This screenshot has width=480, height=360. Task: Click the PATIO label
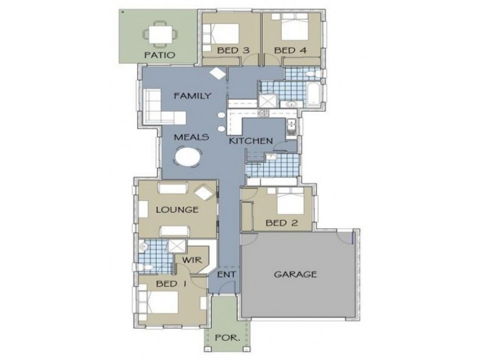tap(159, 55)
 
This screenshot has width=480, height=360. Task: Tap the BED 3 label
tap(233, 50)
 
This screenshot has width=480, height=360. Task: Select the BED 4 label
tap(290, 50)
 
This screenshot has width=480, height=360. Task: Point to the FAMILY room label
tap(191, 95)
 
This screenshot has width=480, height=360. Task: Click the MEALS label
tap(191, 137)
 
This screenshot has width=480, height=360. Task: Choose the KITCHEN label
tap(251, 142)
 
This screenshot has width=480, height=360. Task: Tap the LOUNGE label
tap(177, 210)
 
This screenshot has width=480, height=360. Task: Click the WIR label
tap(190, 260)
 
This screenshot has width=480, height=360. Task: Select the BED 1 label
tap(171, 283)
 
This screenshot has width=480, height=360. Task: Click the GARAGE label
tap(295, 275)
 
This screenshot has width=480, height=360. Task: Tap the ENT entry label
tap(226, 275)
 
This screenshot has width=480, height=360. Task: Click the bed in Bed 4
tap(292, 28)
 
